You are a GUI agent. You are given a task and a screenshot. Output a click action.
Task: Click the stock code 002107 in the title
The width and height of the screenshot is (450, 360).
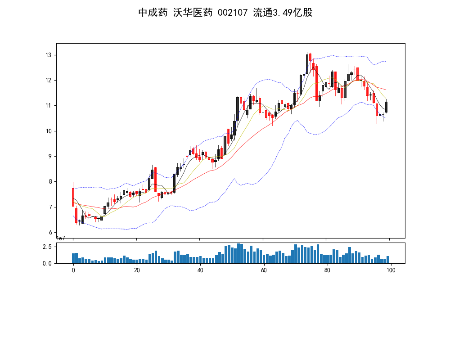[x=232, y=13]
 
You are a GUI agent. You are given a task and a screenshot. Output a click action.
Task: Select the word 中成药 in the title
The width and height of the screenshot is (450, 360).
[x=153, y=13]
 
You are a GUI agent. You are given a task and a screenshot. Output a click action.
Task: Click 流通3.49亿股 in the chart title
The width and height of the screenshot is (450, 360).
[x=283, y=13]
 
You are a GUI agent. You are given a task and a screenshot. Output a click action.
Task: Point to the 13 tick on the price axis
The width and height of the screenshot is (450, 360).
[x=48, y=55]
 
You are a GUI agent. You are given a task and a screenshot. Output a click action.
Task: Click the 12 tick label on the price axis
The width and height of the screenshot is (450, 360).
[x=48, y=81]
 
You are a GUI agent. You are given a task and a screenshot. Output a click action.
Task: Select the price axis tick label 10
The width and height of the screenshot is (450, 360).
[x=48, y=131]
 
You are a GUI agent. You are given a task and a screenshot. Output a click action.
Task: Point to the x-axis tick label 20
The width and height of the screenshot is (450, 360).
[x=137, y=270]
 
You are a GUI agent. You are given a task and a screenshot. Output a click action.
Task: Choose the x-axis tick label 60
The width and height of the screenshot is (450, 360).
[x=264, y=270]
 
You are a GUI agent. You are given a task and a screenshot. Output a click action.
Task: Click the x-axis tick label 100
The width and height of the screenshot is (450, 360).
[x=391, y=270]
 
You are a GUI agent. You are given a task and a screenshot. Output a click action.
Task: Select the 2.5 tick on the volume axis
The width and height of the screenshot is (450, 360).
[x=47, y=247]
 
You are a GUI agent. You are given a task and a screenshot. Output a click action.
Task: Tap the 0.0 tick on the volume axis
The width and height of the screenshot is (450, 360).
[x=47, y=264]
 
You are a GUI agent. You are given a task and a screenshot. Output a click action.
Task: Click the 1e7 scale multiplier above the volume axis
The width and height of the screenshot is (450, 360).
[x=62, y=238]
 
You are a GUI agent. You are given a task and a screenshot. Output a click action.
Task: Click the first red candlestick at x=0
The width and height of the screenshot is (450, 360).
[x=73, y=197]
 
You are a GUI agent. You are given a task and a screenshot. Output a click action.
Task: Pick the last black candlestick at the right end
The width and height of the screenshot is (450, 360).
[x=386, y=107]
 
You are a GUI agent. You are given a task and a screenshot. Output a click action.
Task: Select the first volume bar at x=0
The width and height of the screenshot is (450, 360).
[x=73, y=258]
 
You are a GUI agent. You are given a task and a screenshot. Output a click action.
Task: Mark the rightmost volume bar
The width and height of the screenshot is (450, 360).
[x=387, y=260]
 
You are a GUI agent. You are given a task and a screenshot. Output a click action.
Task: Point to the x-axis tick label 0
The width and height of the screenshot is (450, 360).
[x=73, y=270]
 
